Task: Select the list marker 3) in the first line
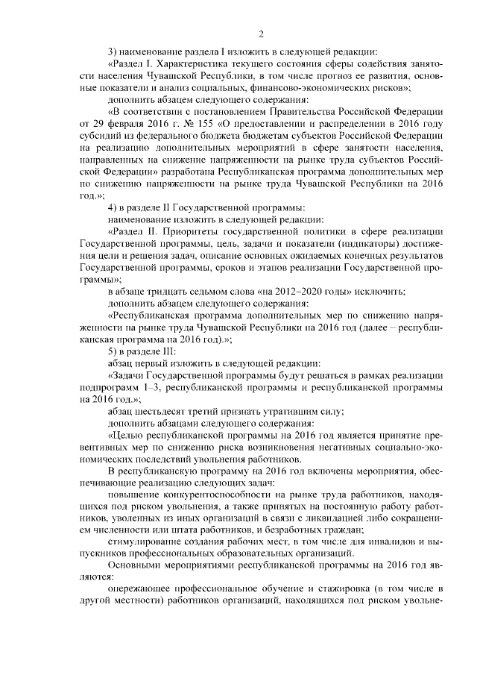coord(113,51)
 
